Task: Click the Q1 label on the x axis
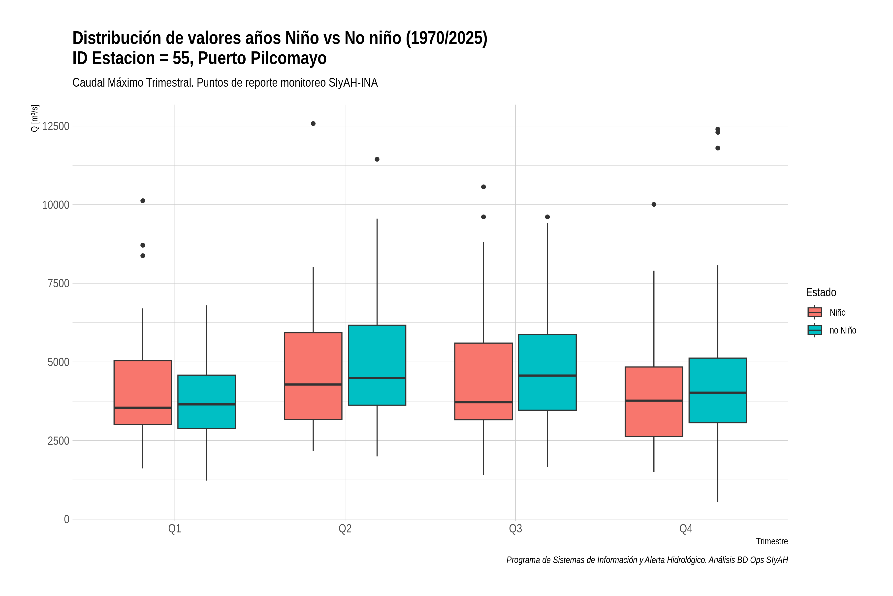(175, 529)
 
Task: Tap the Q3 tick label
(515, 529)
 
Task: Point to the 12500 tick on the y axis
(56, 126)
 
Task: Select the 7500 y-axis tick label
(59, 284)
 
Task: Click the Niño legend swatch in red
(815, 312)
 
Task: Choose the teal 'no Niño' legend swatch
(815, 330)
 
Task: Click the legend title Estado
(821, 292)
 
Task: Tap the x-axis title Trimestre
(772, 541)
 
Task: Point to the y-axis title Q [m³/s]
(34, 118)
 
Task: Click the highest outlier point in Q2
(313, 123)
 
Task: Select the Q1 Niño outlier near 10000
(143, 201)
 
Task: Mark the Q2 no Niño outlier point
(377, 159)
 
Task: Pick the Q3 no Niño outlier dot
(547, 217)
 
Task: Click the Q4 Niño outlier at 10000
(654, 204)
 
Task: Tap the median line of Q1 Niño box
(143, 408)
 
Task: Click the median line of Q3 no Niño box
(547, 375)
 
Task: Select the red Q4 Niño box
(654, 402)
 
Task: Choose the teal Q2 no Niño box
(377, 365)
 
